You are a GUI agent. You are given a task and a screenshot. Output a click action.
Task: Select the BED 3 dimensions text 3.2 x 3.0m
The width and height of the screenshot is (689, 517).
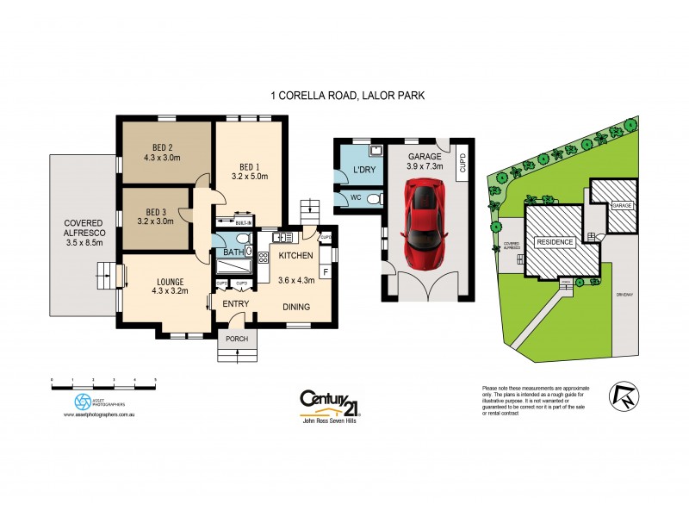pos(156,221)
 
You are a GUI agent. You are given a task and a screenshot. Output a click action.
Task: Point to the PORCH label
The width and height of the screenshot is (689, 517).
pos(236,339)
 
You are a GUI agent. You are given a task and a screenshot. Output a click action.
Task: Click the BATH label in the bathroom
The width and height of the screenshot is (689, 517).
pos(233,252)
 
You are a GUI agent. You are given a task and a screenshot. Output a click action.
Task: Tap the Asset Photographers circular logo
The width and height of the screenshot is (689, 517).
pos(82,401)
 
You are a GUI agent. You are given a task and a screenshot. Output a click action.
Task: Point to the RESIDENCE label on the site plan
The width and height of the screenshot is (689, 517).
pos(556,242)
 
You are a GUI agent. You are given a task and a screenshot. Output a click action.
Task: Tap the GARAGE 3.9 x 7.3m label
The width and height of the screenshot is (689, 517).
pos(425,161)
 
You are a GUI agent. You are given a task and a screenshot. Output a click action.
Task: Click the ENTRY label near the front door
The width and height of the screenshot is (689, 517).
pos(236,303)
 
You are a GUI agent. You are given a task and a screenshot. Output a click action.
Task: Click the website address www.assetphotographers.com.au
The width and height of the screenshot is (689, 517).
pos(102,415)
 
